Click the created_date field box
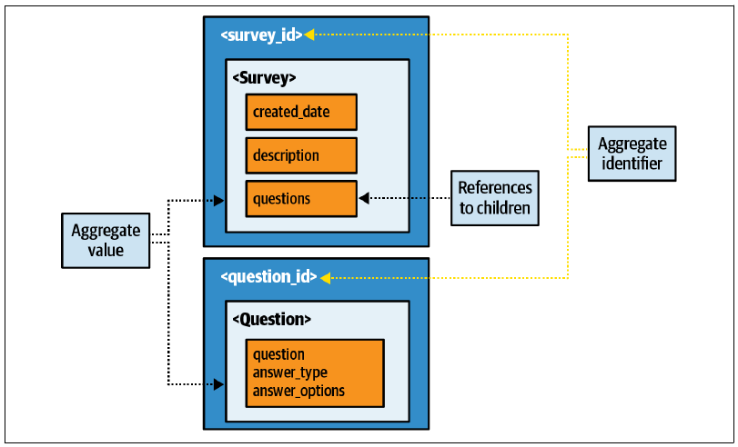pyautogui.click(x=301, y=112)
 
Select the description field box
pyautogui.click(x=301, y=155)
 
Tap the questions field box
pyautogui.click(x=301, y=199)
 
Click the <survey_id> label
pyautogui.click(x=262, y=35)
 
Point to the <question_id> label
pyautogui.click(x=269, y=277)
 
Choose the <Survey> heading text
pyautogui.click(x=265, y=77)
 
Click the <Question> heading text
pyautogui.click(x=272, y=320)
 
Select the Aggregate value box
pyautogui.click(x=106, y=241)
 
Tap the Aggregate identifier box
pyautogui.click(x=632, y=154)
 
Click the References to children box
pyautogui.click(x=495, y=198)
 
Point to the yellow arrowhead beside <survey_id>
pyautogui.click(x=308, y=35)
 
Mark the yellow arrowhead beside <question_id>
pyautogui.click(x=325, y=278)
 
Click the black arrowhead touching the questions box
pyautogui.click(x=363, y=198)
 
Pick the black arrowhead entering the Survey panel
pyautogui.click(x=219, y=201)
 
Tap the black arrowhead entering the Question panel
pyautogui.click(x=219, y=384)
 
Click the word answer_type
pyautogui.click(x=290, y=372)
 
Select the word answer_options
pyautogui.click(x=298, y=391)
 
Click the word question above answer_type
pyautogui.click(x=278, y=354)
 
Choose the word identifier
pyautogui.click(x=632, y=164)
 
